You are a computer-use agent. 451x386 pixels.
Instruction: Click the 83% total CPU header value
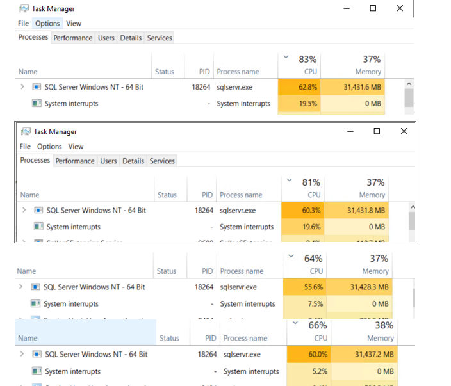[x=307, y=60]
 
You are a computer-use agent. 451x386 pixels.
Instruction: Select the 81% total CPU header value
[x=311, y=182]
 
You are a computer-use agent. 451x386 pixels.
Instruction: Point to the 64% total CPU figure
[x=313, y=259]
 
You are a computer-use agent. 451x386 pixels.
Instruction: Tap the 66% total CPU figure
[x=318, y=325]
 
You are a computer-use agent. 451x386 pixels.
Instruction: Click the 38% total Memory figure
[x=384, y=325]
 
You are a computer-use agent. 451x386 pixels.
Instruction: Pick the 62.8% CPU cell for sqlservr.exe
[x=299, y=87]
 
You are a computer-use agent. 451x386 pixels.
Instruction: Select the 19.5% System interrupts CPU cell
[x=299, y=104]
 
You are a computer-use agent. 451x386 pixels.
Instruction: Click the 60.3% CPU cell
[x=302, y=210]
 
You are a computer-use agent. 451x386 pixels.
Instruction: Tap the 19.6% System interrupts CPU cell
[x=302, y=227]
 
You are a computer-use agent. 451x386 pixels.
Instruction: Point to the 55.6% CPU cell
[x=304, y=287]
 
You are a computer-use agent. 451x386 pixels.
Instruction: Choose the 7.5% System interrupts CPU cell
[x=304, y=304]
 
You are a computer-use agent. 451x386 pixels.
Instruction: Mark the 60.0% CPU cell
[x=308, y=354]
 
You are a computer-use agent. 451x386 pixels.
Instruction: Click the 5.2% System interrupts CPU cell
[x=308, y=371]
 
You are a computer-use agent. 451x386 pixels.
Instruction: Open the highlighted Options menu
[x=47, y=24]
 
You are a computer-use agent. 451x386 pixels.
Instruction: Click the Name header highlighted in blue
[x=28, y=338]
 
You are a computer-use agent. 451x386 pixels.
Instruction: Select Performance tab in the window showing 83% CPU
[x=72, y=38]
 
